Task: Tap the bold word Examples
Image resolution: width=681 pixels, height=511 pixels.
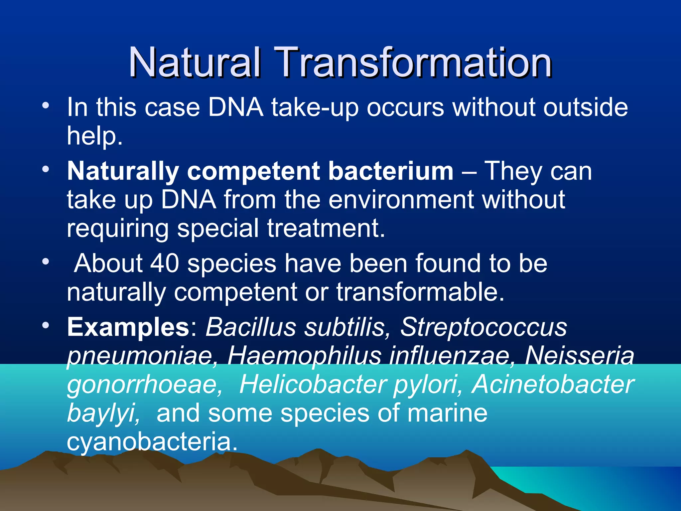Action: coord(128,327)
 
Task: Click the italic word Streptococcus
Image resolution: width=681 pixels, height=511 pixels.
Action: coord(483,327)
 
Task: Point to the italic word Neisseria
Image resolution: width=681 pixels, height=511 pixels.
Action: coord(580,356)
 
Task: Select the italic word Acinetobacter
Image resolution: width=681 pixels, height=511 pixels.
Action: coord(553,385)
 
